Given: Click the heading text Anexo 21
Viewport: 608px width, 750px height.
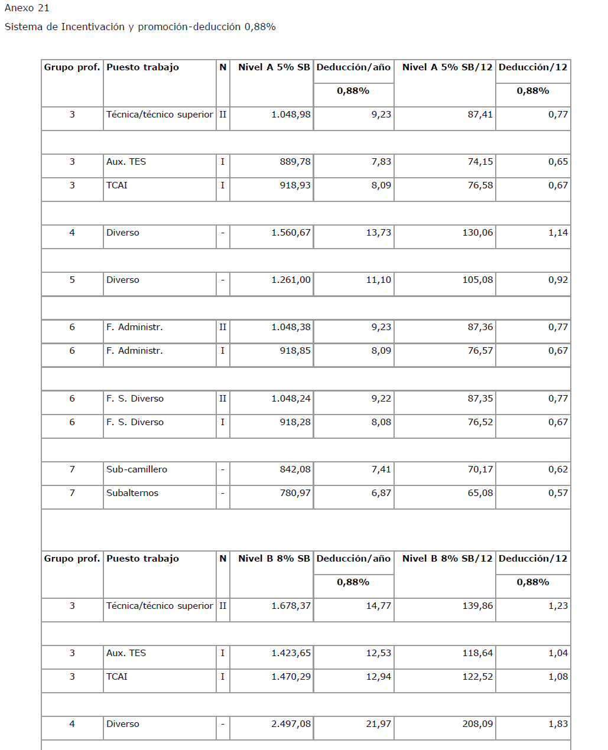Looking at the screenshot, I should [x=27, y=8].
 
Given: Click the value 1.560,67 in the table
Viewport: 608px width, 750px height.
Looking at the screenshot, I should [x=291, y=233].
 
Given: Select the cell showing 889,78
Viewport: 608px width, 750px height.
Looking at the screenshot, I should [x=295, y=162].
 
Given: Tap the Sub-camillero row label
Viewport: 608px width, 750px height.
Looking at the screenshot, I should [x=136, y=469].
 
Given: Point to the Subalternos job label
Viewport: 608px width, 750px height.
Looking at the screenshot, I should [x=132, y=493].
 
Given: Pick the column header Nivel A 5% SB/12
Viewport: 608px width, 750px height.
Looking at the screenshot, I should [x=447, y=67].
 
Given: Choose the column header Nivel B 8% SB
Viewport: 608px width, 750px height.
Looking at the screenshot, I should [x=274, y=559].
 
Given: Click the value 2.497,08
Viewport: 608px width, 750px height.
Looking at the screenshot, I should [x=291, y=724].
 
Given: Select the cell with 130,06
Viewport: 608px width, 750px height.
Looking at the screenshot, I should [x=477, y=233].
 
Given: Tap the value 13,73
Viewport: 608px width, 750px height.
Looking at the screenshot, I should [x=378, y=233].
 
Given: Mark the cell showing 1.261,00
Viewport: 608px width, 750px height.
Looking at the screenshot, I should [x=291, y=280].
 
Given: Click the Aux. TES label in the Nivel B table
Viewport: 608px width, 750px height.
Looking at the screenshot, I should [x=126, y=653].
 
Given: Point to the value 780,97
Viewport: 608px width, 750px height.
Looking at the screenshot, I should [x=295, y=493].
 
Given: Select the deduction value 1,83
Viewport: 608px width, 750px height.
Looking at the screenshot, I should [x=558, y=724].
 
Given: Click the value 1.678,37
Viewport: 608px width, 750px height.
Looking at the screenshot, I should [x=291, y=606].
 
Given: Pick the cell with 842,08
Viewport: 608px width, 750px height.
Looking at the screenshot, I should [x=295, y=469].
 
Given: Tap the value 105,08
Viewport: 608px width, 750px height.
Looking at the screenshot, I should [x=477, y=280].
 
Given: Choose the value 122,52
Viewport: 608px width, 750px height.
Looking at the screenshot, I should [x=477, y=677].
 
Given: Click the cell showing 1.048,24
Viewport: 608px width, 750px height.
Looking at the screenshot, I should [x=291, y=399].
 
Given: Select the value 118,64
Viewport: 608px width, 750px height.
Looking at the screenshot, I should [x=477, y=653].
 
